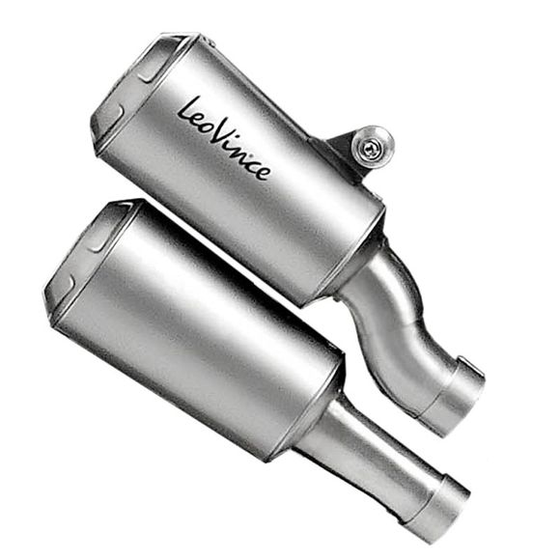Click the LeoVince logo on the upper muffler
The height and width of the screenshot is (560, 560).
[x=224, y=139]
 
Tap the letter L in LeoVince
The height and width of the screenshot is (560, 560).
[x=187, y=110]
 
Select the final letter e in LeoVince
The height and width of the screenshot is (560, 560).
[x=264, y=172]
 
